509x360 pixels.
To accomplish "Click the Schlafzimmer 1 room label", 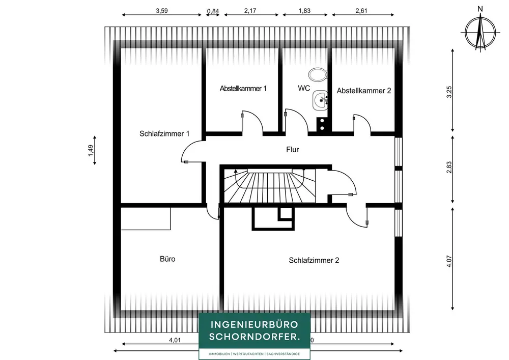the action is tap(164, 133).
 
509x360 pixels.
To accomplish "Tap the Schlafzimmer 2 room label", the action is tap(314, 260).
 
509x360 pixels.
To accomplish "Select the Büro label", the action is tap(167, 259).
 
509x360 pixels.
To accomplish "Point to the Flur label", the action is tap(293, 150).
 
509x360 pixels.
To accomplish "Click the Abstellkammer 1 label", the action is tap(243, 88).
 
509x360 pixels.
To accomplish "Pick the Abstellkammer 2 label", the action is tap(364, 91).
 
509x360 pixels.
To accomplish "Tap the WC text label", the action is tap(304, 88).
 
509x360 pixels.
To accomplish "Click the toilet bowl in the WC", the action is tap(318, 75).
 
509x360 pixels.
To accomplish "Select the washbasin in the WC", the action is tap(320, 100).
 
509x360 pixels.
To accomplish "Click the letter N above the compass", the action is tap(480, 9).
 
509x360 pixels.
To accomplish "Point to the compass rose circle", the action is tap(480, 33).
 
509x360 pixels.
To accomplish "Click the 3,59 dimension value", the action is tap(162, 11).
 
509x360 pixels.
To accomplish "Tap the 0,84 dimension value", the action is tap(213, 11).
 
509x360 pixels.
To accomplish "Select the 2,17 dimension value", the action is tap(250, 11).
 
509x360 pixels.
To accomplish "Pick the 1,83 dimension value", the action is tap(304, 11).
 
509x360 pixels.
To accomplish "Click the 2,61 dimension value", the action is tap(361, 11).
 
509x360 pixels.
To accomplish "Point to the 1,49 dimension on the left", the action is tap(91, 150).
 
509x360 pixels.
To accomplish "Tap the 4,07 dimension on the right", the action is tap(449, 261).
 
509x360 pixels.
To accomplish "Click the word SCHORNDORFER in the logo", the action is tap(254, 337).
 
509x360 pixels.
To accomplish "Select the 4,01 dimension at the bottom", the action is tap(175, 340).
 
